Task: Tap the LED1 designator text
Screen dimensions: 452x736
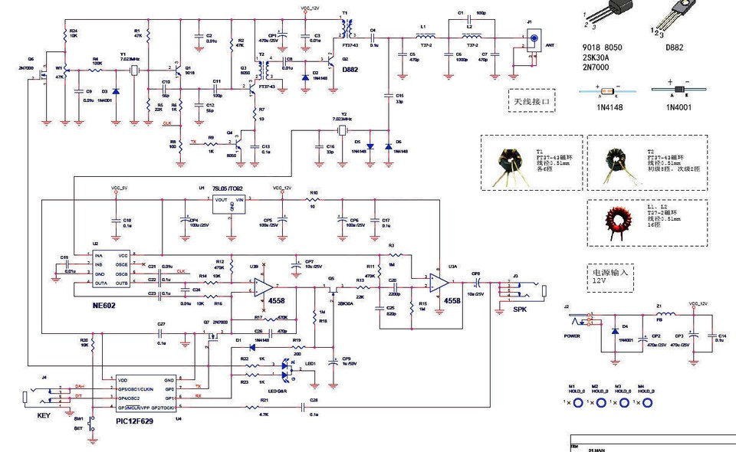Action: pyautogui.click(x=310, y=363)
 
